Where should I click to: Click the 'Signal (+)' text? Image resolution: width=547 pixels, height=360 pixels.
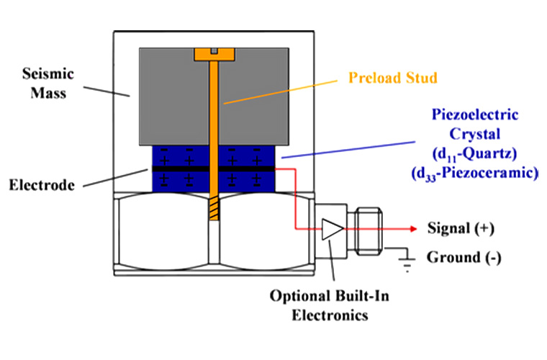pos(459,229)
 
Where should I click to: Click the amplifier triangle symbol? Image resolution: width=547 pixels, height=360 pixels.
pos(331,230)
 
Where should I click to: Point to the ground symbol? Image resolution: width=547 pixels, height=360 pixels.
pos(408,263)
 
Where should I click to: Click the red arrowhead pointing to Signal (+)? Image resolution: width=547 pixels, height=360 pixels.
pos(414,230)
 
